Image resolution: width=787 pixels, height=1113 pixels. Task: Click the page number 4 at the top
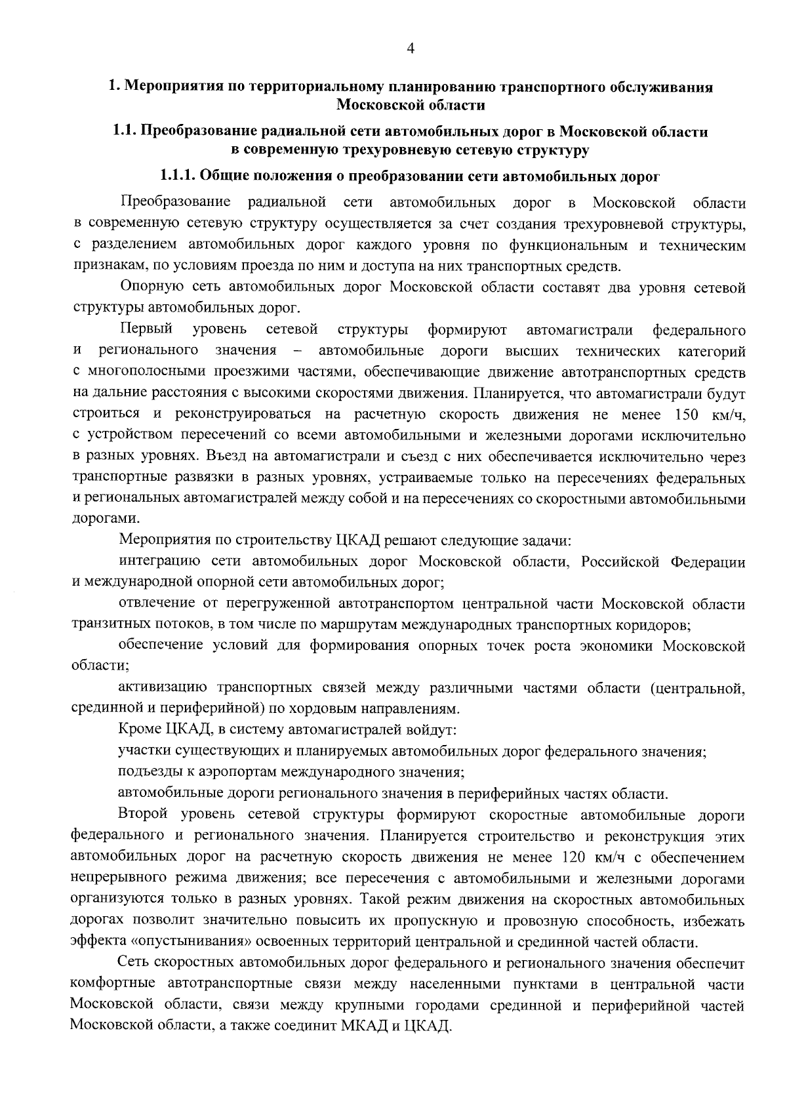(x=411, y=48)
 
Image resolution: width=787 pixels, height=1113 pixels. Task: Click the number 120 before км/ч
(x=575, y=857)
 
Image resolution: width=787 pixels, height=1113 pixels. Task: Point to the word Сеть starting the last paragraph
(x=134, y=963)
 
